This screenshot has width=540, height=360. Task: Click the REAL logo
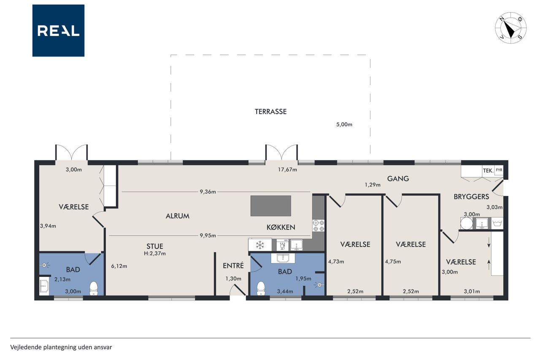(x=58, y=31)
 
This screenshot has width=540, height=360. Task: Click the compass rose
(x=510, y=28)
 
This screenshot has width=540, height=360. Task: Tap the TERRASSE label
(x=271, y=112)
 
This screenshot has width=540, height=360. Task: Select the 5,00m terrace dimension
(x=344, y=125)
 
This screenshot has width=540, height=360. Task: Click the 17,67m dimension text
(x=287, y=170)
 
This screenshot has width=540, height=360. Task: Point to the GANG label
(x=398, y=179)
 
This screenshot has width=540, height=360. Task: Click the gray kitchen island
(x=271, y=206)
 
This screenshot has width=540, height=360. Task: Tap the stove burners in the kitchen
(x=319, y=226)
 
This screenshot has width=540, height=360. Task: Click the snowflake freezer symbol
(x=260, y=245)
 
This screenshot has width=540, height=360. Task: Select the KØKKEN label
(x=281, y=227)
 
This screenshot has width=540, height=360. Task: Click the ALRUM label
(x=178, y=216)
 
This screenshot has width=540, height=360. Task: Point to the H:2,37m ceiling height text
(x=155, y=253)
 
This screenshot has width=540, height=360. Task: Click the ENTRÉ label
(x=233, y=265)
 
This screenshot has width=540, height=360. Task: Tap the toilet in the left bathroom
(x=94, y=288)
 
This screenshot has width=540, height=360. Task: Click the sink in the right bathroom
(x=283, y=258)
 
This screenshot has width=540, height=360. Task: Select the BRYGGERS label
(x=471, y=197)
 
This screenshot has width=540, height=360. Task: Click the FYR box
(x=499, y=170)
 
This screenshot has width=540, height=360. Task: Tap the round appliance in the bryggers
(x=467, y=223)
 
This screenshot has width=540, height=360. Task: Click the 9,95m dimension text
(x=208, y=235)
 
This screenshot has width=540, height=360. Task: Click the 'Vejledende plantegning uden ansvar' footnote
(x=61, y=347)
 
